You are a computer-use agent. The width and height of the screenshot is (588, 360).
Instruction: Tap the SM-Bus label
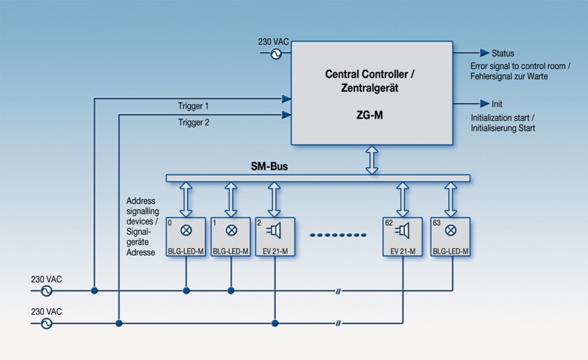[269, 167]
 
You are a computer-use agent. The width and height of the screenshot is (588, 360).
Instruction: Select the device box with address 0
[186, 237]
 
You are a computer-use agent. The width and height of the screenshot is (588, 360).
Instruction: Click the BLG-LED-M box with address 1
[231, 237]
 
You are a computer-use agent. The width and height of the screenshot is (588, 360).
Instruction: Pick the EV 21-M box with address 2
[275, 237]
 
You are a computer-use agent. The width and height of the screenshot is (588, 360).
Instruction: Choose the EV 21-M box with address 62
[403, 237]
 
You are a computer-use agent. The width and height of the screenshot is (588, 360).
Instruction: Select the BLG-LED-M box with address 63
[451, 237]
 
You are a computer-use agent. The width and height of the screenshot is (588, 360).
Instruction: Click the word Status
[502, 53]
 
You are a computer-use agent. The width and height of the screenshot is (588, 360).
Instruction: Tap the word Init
[497, 104]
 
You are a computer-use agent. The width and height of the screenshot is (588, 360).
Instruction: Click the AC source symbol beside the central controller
[276, 54]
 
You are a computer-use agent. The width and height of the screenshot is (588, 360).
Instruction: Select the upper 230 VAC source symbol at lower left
[47, 291]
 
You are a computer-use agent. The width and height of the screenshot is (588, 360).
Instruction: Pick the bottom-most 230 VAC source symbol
[47, 323]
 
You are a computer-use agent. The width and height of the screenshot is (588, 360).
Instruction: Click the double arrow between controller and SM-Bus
[372, 160]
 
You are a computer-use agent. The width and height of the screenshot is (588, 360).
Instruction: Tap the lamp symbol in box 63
[451, 231]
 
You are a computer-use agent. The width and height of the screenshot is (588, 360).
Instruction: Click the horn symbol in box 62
[404, 231]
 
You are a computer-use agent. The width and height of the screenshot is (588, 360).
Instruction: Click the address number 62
[390, 224]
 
